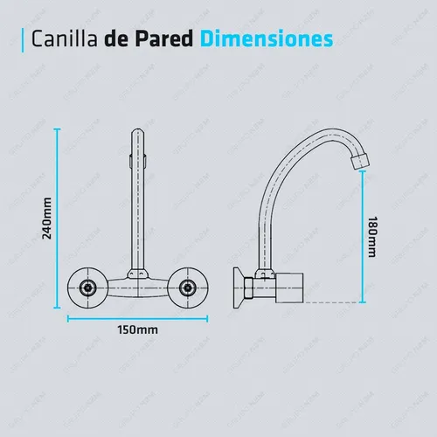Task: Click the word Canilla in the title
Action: [64, 38]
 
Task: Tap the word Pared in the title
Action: [164, 38]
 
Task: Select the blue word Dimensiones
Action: [267, 38]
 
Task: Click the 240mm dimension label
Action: [47, 218]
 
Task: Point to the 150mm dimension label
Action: [138, 330]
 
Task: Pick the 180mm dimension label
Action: [372, 237]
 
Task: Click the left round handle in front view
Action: [87, 288]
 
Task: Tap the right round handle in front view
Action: [187, 288]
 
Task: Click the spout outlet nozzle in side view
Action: [359, 162]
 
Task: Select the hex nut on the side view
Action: [248, 288]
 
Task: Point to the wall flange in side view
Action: [239, 288]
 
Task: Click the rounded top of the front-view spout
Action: [138, 133]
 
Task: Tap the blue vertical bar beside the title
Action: [23, 40]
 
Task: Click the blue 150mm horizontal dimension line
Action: [137, 319]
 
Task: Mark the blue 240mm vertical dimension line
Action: [58, 218]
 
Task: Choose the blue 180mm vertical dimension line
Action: [363, 237]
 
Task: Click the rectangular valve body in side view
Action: [289, 288]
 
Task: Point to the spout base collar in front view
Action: [138, 274]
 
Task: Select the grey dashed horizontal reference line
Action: [331, 302]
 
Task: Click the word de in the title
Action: [116, 38]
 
